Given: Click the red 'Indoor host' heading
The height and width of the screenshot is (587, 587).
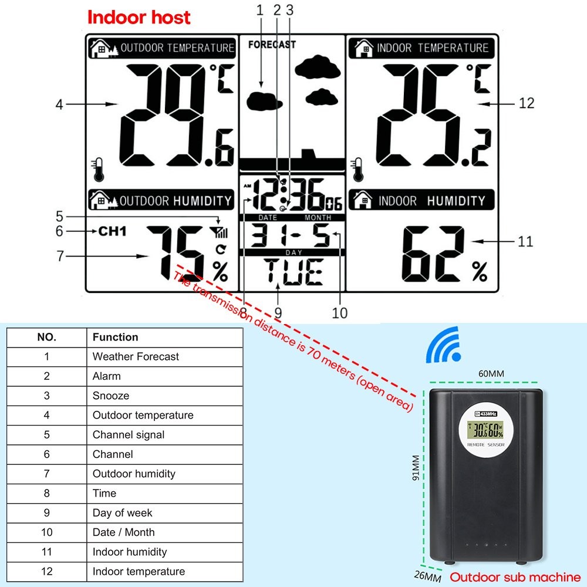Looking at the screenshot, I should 139,18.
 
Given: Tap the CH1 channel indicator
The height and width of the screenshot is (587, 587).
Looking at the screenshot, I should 112,231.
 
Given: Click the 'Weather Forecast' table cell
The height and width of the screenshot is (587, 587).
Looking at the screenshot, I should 136,356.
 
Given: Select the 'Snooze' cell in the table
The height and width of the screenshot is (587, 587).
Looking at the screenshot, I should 110,396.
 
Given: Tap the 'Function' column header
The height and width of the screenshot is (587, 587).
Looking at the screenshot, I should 115,337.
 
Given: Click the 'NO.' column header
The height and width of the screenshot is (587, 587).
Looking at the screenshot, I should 47,337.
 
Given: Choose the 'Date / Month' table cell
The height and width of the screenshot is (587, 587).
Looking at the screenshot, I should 124,532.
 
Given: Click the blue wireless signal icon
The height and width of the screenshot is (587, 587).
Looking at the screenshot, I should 444,346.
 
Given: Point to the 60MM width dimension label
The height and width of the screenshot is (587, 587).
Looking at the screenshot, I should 491,374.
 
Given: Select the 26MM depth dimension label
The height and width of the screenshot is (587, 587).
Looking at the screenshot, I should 427,577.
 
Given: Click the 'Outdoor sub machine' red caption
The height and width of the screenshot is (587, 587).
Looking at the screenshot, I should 515,577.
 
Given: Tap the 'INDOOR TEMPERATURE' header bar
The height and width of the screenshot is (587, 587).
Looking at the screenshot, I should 421,48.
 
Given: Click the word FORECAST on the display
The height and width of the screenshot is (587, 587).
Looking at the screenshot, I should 272,45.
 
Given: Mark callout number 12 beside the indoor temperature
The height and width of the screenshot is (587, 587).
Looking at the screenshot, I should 527,103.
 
